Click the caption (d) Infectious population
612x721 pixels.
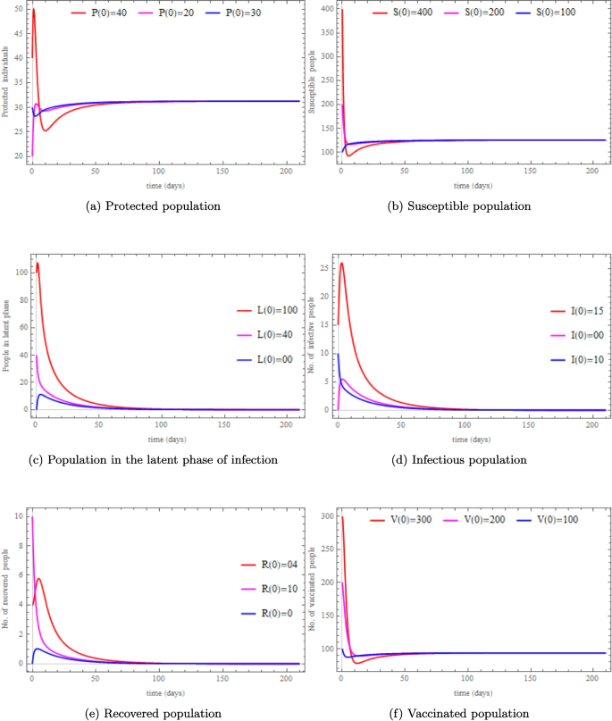pyautogui.click(x=457, y=459)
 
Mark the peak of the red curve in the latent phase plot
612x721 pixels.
pyautogui.click(x=37, y=264)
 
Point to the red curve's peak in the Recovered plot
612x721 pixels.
pyautogui.click(x=38, y=579)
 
